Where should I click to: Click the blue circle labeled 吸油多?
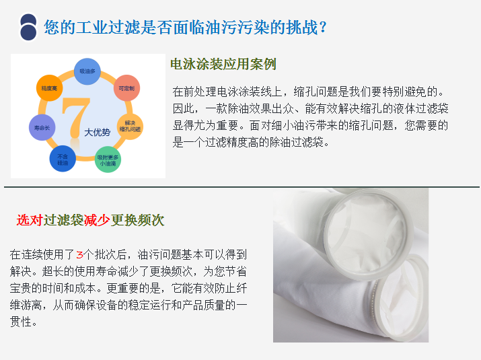coord(87,71)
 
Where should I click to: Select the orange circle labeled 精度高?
coord(49,88)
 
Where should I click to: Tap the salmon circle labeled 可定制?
coord(126,88)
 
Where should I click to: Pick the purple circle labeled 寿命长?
coord(42,127)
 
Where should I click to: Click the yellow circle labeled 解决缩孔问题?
coord(130,127)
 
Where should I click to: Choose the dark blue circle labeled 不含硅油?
coord(63,159)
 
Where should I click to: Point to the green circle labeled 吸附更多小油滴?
coord(108,159)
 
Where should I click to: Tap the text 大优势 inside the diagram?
coord(98,133)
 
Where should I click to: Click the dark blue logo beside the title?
coord(28,28)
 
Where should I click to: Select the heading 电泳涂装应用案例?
coord(223,64)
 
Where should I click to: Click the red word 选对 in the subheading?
coord(30,220)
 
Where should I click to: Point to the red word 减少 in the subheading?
coord(97,220)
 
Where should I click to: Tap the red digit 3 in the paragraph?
coord(80,255)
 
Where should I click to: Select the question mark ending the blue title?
coord(323,28)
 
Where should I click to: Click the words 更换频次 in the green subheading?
coord(137,220)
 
